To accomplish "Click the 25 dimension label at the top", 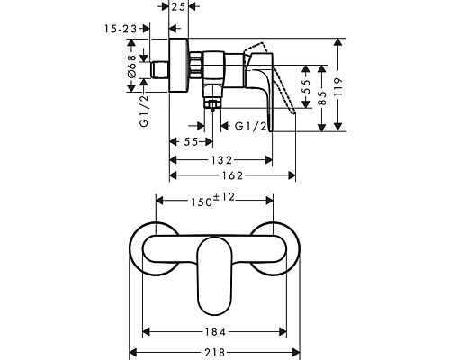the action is [x=179, y=6].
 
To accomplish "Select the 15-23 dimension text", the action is [x=121, y=29].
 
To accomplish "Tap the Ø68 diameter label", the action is [x=131, y=66].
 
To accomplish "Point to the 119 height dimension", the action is [x=338, y=86].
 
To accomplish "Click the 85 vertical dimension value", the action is [x=322, y=98].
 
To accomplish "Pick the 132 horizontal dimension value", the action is [x=221, y=160].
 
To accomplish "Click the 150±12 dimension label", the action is [x=213, y=200].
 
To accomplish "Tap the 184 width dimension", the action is [x=215, y=332].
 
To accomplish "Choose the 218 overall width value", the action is [x=215, y=353].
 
